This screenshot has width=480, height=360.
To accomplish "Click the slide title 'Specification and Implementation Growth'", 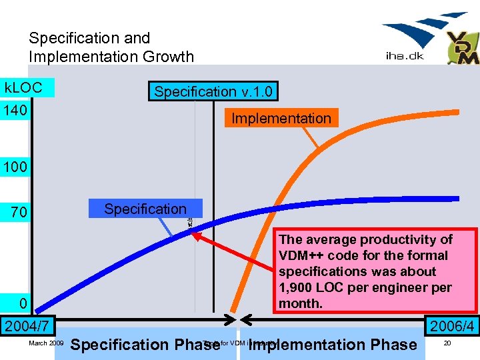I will tap(111, 47).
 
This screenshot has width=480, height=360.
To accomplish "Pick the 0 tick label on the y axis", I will tap(23, 304).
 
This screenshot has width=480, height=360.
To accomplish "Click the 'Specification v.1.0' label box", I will tap(213, 91).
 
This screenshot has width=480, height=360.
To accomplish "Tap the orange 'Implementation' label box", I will tap(281, 118).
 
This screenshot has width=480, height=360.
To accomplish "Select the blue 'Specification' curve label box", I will tap(145, 209).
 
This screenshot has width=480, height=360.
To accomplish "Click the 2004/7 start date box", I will tap(27, 326).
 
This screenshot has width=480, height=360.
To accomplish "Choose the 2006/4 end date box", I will tap(452, 326).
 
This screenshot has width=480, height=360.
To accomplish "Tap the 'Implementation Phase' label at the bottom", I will tap(332, 345).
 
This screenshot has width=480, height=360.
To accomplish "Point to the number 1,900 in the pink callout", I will tap(297, 288).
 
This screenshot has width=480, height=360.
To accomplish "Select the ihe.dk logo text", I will tap(404, 56).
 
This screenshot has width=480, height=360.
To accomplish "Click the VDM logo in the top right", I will tap(462, 48).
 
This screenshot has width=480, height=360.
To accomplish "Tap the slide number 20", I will tap(447, 343).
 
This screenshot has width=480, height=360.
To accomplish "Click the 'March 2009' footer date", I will tap(46, 343).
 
